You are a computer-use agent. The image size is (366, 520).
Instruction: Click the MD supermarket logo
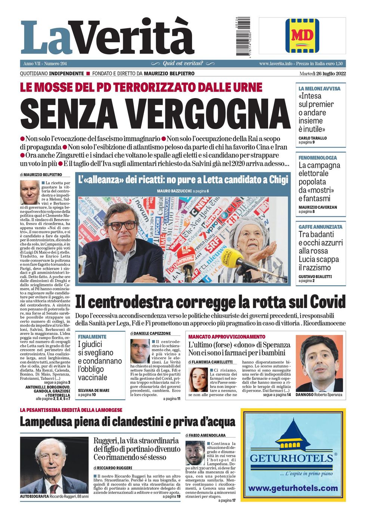coord(302,36)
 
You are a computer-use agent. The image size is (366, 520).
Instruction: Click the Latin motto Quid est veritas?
coord(183,64)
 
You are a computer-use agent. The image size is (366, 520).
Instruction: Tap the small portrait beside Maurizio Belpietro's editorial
coord(30,192)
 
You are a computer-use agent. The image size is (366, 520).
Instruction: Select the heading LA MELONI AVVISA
coord(319,89)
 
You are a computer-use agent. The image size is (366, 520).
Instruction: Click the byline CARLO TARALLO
coord(313,138)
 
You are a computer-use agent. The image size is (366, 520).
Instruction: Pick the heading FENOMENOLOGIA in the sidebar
coord(317,158)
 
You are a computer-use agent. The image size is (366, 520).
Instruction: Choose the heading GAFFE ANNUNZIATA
coord(320,227)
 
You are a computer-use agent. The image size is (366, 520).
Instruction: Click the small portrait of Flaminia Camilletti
coord(198,379)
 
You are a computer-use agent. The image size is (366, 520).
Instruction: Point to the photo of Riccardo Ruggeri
coord(54,465)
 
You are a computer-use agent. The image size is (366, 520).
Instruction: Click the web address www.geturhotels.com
coord(293,488)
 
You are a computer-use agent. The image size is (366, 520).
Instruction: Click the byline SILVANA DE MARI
coord(93,390)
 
